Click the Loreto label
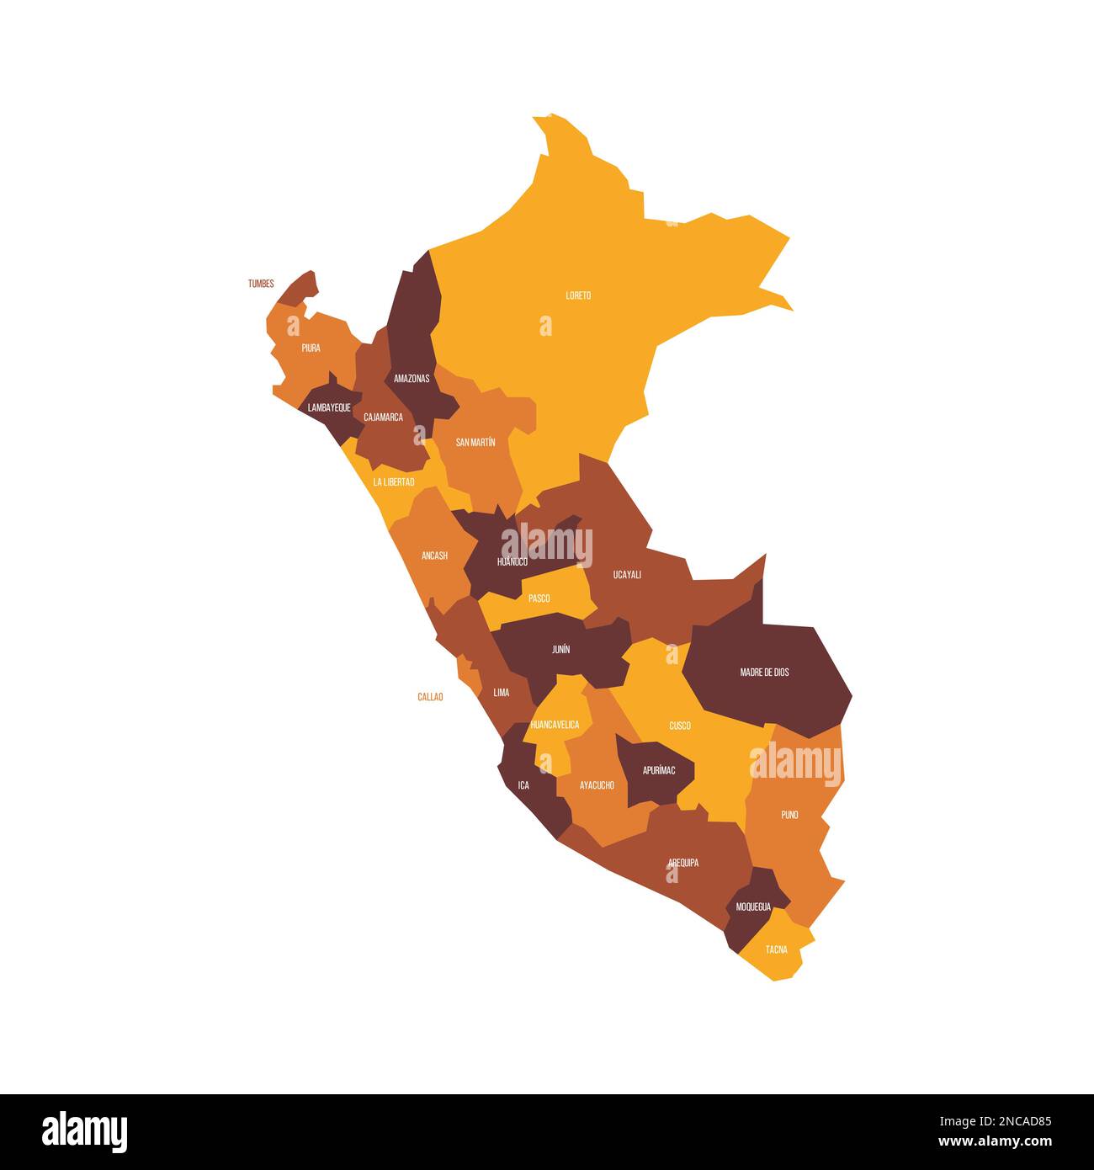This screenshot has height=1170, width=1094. point(578,295)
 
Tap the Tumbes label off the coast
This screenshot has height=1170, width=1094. point(261,284)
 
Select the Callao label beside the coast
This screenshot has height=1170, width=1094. point(430,697)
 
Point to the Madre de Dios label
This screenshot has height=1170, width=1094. point(764,673)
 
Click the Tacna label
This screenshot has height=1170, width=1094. point(777,949)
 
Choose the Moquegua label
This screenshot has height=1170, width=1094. point(753,907)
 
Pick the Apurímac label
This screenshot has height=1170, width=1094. point(659,770)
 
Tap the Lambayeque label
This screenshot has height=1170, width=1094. point(329,407)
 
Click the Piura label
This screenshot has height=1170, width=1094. point(311,348)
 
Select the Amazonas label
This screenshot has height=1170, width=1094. point(412,378)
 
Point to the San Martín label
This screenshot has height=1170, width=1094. point(475,442)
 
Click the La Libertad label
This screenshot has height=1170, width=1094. point(394,482)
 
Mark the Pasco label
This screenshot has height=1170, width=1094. point(539,598)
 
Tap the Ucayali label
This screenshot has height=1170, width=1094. point(627,575)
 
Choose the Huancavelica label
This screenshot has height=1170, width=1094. point(555,725)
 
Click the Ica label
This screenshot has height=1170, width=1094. point(523,785)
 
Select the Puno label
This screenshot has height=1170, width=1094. point(789,815)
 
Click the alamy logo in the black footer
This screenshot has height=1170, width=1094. point(85,1131)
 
